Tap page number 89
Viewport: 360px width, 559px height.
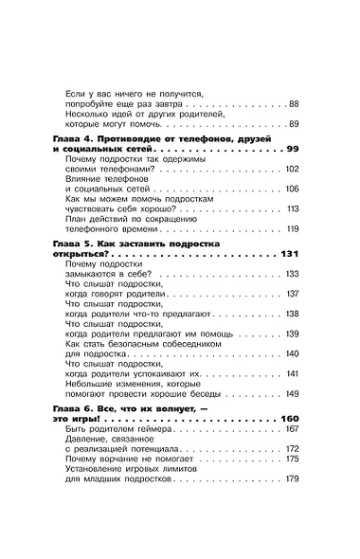[294, 124]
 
